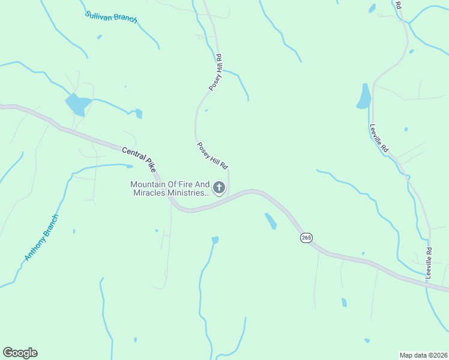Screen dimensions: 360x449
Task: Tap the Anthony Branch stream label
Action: click(41, 238)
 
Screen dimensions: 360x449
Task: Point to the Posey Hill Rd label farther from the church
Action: click(216, 73)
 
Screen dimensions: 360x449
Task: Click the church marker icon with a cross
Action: click(220, 188)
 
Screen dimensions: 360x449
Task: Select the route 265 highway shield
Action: click(306, 238)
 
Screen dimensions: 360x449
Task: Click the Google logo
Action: click(20, 353)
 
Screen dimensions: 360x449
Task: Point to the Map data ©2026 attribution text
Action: click(423, 355)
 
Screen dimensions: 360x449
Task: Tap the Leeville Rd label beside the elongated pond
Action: click(379, 137)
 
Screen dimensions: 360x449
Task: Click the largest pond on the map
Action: click(77, 104)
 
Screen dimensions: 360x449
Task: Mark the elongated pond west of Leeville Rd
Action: click(364, 96)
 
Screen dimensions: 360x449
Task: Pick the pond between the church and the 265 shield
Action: click(270, 221)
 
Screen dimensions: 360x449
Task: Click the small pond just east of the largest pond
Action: click(139, 113)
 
